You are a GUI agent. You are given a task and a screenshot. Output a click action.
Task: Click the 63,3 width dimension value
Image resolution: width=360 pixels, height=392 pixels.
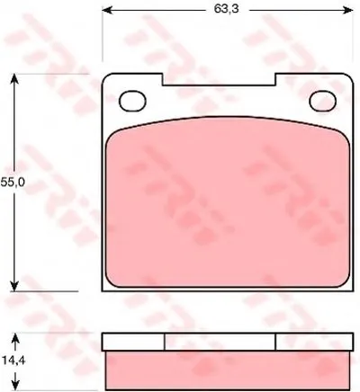click(x=226, y=9)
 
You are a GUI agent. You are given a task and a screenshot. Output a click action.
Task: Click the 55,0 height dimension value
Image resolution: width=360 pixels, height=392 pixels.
click(x=13, y=182)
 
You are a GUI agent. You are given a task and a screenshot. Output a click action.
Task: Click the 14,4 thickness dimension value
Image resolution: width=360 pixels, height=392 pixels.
click(x=13, y=360)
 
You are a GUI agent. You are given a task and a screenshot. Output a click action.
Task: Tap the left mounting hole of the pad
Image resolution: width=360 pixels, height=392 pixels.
click(x=132, y=101)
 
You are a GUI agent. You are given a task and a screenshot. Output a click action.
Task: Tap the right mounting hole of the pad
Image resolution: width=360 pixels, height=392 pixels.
click(x=323, y=101)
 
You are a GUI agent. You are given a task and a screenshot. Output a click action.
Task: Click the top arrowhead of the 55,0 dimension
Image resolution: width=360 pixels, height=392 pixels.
click(x=14, y=79)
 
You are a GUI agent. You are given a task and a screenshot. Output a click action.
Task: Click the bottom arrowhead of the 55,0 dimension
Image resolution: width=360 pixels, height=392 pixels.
click(x=14, y=286)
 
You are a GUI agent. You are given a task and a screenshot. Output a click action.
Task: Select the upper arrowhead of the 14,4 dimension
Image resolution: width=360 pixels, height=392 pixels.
click(x=16, y=340)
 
